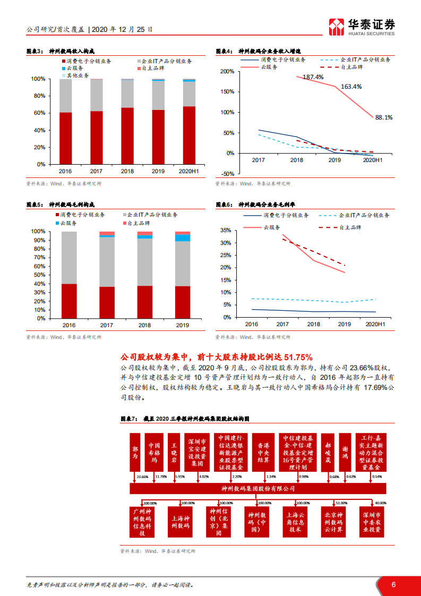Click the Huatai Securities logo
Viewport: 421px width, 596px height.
pyautogui.click(x=362, y=26)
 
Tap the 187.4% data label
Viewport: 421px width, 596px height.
pyautogui.click(x=313, y=77)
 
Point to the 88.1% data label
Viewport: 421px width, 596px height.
pyautogui.click(x=383, y=117)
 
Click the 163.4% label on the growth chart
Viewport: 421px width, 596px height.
pyautogui.click(x=351, y=86)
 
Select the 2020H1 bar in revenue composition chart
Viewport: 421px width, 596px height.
pyautogui.click(x=188, y=122)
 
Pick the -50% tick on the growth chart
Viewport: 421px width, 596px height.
pyautogui.click(x=227, y=174)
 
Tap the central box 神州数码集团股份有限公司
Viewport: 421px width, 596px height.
pyautogui.click(x=257, y=488)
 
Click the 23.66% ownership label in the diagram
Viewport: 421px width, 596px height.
pyautogui.click(x=142, y=476)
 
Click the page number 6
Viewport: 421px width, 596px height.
pyautogui.click(x=393, y=584)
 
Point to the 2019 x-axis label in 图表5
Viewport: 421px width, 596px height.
pyautogui.click(x=183, y=325)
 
